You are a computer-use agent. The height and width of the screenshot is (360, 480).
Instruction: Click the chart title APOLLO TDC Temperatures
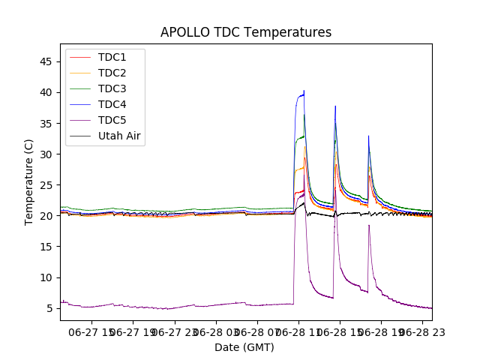(x=245, y=32)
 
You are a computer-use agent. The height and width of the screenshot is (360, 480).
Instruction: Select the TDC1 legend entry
(x=112, y=58)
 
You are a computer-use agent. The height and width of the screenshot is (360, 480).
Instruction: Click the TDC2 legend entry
(x=112, y=73)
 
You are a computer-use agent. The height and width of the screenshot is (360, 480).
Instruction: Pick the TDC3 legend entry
(x=112, y=88)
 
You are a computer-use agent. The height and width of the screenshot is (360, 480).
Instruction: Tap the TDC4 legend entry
(x=112, y=104)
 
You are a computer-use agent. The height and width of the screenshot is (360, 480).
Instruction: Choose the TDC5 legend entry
(x=112, y=120)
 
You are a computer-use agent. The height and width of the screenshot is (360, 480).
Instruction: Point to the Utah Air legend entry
(x=119, y=136)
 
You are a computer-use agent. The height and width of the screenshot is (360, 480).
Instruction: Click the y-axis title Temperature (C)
(x=29, y=181)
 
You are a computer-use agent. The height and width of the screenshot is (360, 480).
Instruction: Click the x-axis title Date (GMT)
(x=244, y=347)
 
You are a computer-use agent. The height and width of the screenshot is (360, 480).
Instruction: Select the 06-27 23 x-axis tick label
(x=175, y=332)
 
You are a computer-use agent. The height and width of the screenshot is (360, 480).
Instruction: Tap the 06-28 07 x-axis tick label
(x=256, y=332)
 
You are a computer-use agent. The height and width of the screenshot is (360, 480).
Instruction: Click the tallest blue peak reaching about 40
(x=304, y=91)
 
